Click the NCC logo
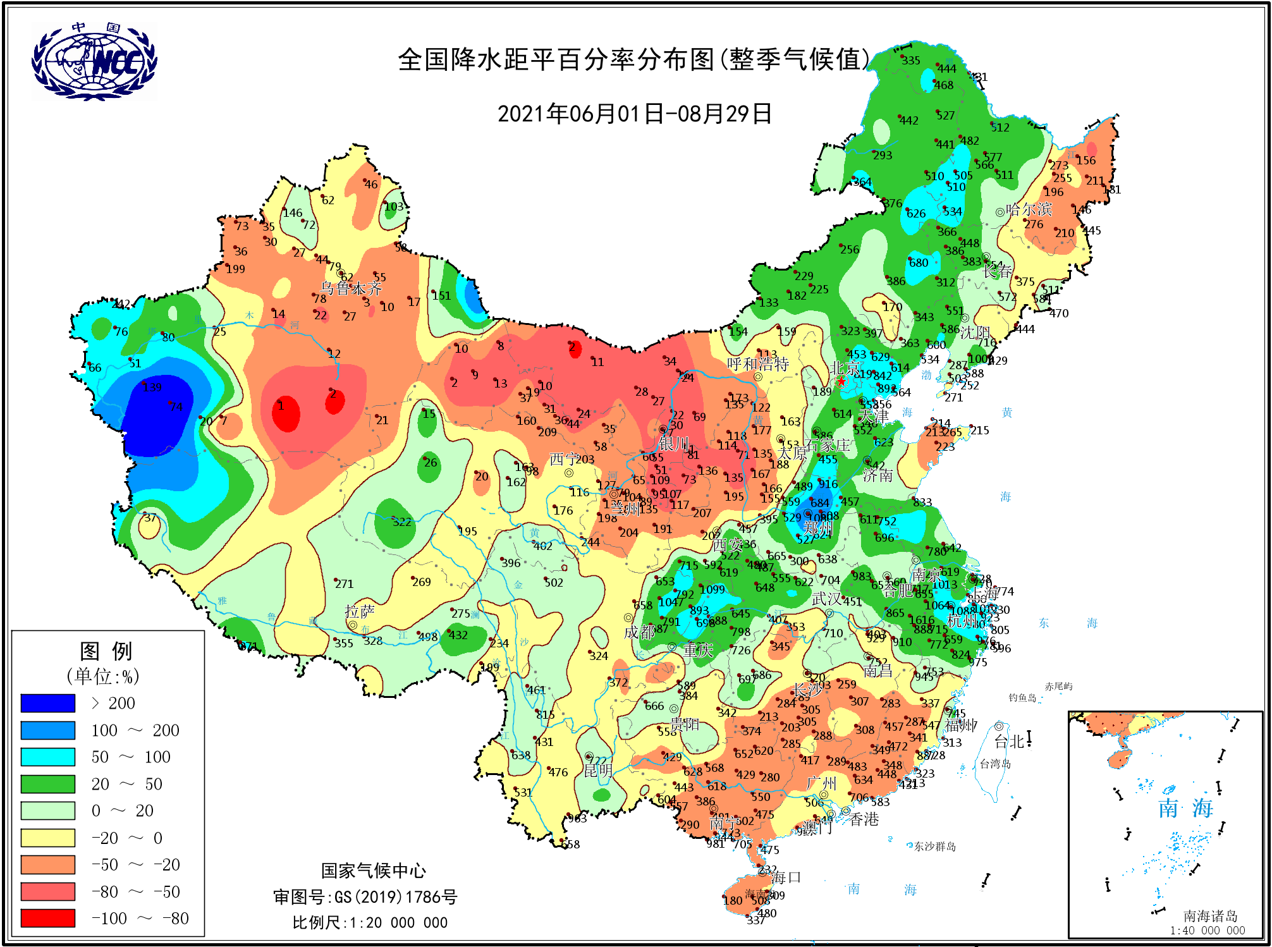click(94, 61)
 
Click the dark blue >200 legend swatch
click(47, 703)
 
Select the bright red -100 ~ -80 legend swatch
click(47, 918)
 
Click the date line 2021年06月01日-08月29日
click(635, 114)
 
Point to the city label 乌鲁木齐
click(351, 289)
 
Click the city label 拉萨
click(359, 611)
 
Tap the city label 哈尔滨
click(1029, 209)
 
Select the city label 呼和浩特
click(757, 364)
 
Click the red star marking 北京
click(841, 381)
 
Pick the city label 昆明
click(597, 771)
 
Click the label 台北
click(1010, 742)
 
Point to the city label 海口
click(786, 877)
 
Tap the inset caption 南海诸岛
click(1210, 915)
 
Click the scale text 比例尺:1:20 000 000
click(370, 922)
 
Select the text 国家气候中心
click(373, 871)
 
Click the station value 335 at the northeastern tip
click(910, 61)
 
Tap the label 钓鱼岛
click(1022, 697)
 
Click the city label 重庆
click(698, 650)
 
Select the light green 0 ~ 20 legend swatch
click(47, 810)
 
